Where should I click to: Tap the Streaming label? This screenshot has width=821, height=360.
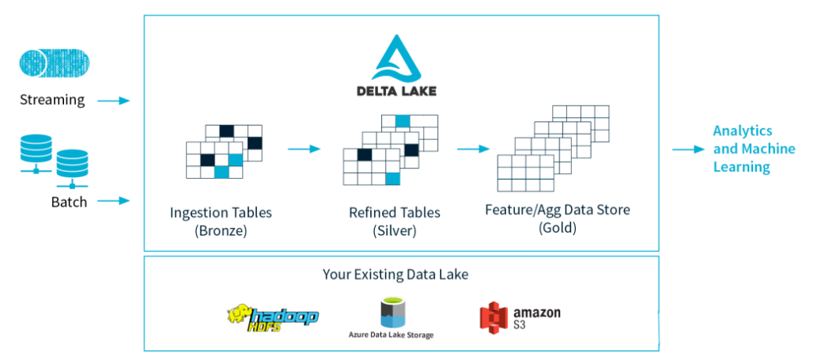coord(52,100)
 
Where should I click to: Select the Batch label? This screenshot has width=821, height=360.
coord(70,202)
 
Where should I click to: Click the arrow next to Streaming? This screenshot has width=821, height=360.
coord(114,100)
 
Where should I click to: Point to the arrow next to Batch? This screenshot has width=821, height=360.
coord(114,201)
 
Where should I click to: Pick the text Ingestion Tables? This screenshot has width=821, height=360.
coord(221,213)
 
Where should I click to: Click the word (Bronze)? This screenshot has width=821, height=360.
coord(221,231)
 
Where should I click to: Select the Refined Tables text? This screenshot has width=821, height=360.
coord(395,213)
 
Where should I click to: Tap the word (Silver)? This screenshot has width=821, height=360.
coord(394,231)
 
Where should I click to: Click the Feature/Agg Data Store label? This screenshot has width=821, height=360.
coord(557,210)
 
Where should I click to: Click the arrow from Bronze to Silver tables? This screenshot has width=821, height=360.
coord(305,148)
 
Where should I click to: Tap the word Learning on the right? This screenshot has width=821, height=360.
coord(741,167)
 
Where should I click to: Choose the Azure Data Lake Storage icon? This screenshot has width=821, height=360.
coord(392,313)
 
